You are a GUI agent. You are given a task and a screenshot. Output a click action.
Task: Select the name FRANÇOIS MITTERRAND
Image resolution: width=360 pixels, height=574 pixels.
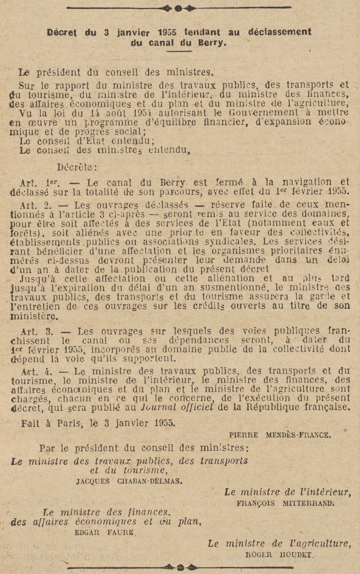285,503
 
